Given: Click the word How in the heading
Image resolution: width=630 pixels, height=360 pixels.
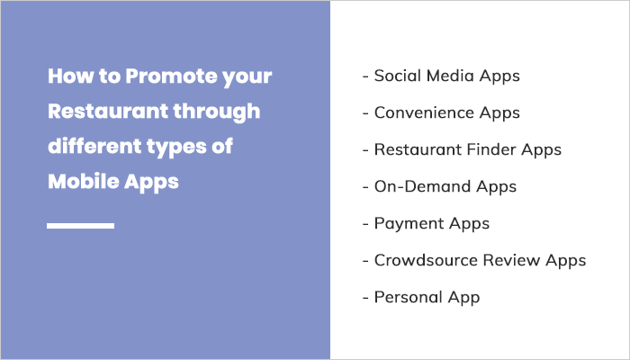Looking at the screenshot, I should pyautogui.click(x=69, y=76).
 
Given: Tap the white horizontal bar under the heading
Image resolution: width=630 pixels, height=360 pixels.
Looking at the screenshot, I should pyautogui.click(x=80, y=225).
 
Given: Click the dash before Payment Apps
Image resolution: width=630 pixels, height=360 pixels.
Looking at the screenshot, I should pyautogui.click(x=365, y=223).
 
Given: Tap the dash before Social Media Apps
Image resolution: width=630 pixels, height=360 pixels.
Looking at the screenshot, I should pyautogui.click(x=365, y=76).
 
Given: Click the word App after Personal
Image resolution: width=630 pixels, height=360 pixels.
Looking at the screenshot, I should pyautogui.click(x=466, y=298).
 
